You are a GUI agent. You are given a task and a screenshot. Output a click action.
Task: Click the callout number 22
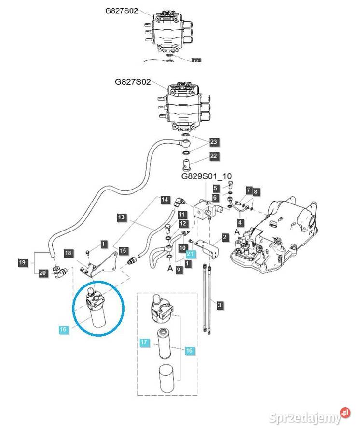214,156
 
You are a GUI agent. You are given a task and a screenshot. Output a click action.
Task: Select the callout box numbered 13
122,217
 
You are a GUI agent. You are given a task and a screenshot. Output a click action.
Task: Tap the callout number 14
165,199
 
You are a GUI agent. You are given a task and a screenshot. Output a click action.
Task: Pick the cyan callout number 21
190,254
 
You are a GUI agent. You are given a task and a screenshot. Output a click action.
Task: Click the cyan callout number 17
144,343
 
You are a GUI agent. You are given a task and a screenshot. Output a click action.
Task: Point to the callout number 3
220,305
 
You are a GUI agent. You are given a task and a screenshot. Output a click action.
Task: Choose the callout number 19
22,263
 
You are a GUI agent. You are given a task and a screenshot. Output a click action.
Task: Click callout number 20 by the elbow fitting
43,273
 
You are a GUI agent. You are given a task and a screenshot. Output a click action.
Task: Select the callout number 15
123,251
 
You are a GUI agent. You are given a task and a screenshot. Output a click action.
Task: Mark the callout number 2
225,237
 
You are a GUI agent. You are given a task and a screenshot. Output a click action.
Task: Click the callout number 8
256,191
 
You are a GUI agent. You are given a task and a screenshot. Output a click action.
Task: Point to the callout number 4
240,222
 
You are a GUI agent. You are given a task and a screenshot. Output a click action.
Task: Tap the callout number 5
216,188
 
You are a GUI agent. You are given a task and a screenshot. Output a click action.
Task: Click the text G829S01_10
207,176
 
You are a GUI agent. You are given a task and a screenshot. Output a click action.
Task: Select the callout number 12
183,224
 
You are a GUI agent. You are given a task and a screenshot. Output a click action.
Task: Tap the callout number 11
181,214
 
